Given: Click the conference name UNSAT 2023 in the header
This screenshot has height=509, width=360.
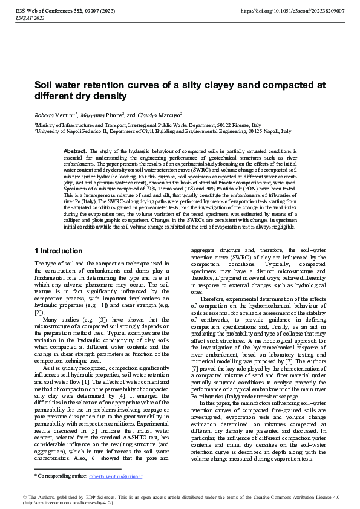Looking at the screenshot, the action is coord(28,19).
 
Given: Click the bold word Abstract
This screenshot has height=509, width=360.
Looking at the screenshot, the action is coord(75,151).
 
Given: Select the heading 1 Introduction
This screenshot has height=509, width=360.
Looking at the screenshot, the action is coord(59,251).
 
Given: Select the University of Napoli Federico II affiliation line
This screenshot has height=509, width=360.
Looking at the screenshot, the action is coord(163,131).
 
